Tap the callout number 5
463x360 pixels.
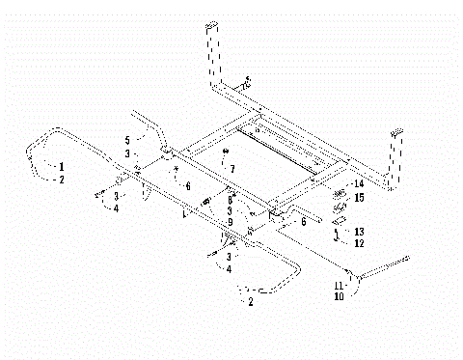coord(126,140)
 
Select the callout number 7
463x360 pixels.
coord(231,168)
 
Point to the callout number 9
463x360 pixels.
coord(230,221)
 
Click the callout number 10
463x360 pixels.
coord(339,297)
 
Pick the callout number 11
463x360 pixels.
coord(339,287)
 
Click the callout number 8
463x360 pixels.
coord(230,199)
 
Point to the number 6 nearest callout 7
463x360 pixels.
coord(188,185)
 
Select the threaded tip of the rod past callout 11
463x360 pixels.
coord(408,256)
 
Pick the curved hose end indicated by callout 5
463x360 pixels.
coord(145,122)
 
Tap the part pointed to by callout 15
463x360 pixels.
coord(340,203)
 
